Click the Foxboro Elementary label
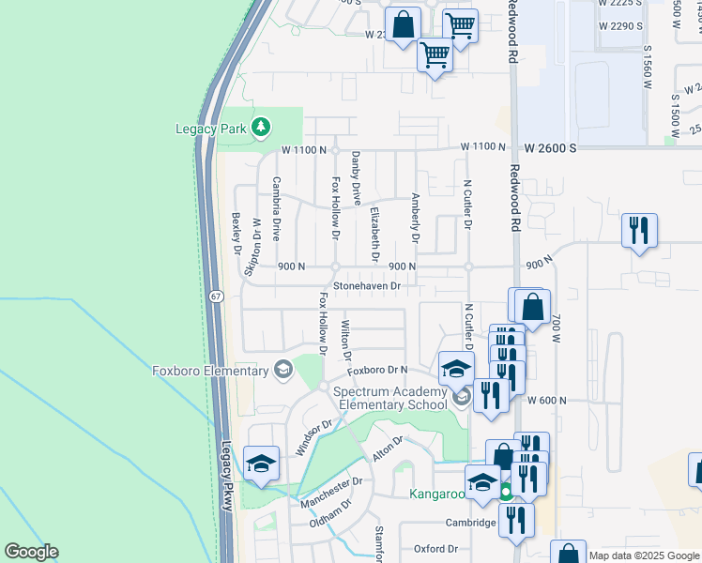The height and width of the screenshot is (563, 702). (211, 371)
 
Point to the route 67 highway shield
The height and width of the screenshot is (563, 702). (217, 297)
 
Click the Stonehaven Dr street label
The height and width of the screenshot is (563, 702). (367, 285)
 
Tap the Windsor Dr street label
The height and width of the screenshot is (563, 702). (314, 437)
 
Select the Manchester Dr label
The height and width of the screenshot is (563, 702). (331, 493)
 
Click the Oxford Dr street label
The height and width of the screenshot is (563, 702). (435, 549)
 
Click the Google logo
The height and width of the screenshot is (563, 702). (31, 552)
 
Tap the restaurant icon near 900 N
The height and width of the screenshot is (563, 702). (639, 229)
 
